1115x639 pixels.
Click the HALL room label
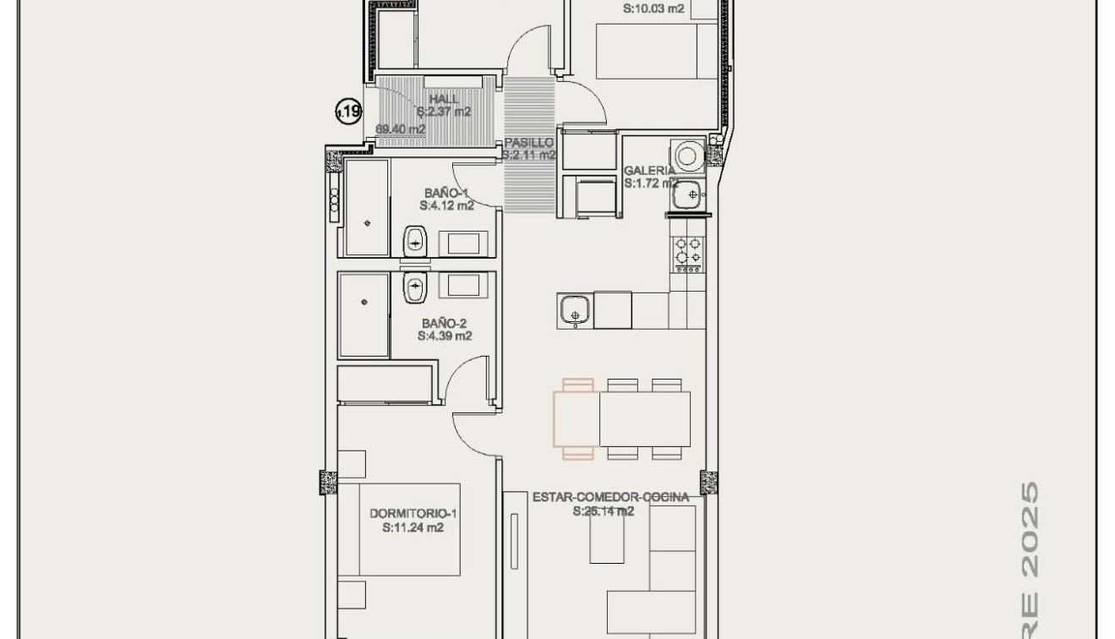444,100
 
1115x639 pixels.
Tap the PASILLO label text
528,144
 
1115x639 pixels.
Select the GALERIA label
649,171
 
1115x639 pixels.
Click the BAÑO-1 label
446,193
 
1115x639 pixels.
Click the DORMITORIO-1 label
413,514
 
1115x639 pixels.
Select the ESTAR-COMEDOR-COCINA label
610,498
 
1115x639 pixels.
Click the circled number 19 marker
348,110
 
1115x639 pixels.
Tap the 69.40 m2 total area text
401,129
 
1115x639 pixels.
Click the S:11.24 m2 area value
413,528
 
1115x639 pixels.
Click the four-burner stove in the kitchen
686,251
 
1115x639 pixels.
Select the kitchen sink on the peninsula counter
575,310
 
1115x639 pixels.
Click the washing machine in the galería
688,155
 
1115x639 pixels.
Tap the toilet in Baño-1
415,241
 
